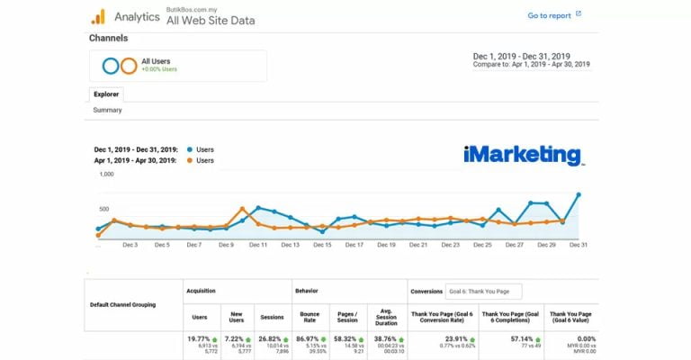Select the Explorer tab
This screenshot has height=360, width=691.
pos(106,94)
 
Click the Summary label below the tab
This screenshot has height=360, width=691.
pos(107,110)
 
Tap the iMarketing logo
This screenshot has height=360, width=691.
pos(523,155)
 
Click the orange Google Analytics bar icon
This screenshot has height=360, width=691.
pos(98,16)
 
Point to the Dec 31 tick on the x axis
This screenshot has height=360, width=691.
pos(578,244)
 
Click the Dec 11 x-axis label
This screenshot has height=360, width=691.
pos(257,244)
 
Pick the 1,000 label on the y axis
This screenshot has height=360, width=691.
pos(106,175)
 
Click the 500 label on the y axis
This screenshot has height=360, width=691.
pos(106,207)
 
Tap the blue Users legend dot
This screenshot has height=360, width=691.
pos(189,149)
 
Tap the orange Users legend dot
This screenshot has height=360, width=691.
pos(189,160)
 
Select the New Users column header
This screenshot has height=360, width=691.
pos(237,317)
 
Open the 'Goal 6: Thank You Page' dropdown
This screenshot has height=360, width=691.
pos(483,292)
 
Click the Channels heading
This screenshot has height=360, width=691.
pos(108,39)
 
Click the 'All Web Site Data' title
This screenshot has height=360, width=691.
pos(211,21)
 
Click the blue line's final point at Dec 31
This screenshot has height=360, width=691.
pos(579,194)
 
